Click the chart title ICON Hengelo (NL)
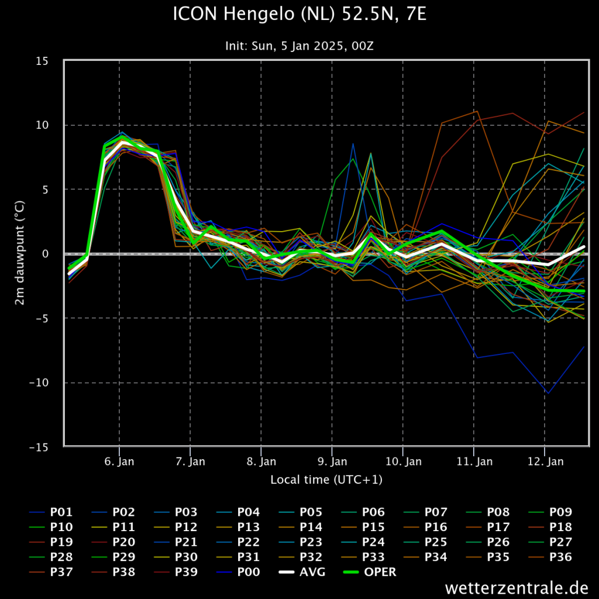point(254,15)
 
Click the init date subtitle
point(299,46)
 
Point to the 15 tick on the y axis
point(42,61)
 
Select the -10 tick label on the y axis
point(39,383)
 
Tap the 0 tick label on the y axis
point(46,254)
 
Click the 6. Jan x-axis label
point(119,462)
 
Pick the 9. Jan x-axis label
point(332,462)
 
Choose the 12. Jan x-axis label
point(546,462)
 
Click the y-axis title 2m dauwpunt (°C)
point(19,253)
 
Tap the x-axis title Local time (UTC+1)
point(326,480)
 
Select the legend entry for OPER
point(370,572)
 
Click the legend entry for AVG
point(302,572)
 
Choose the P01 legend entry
point(51,512)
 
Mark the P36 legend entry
point(550,557)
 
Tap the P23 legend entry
point(301,542)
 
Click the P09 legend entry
point(550,512)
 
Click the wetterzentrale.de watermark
point(517,587)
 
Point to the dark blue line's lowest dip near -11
point(548,393)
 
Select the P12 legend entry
point(175,527)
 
